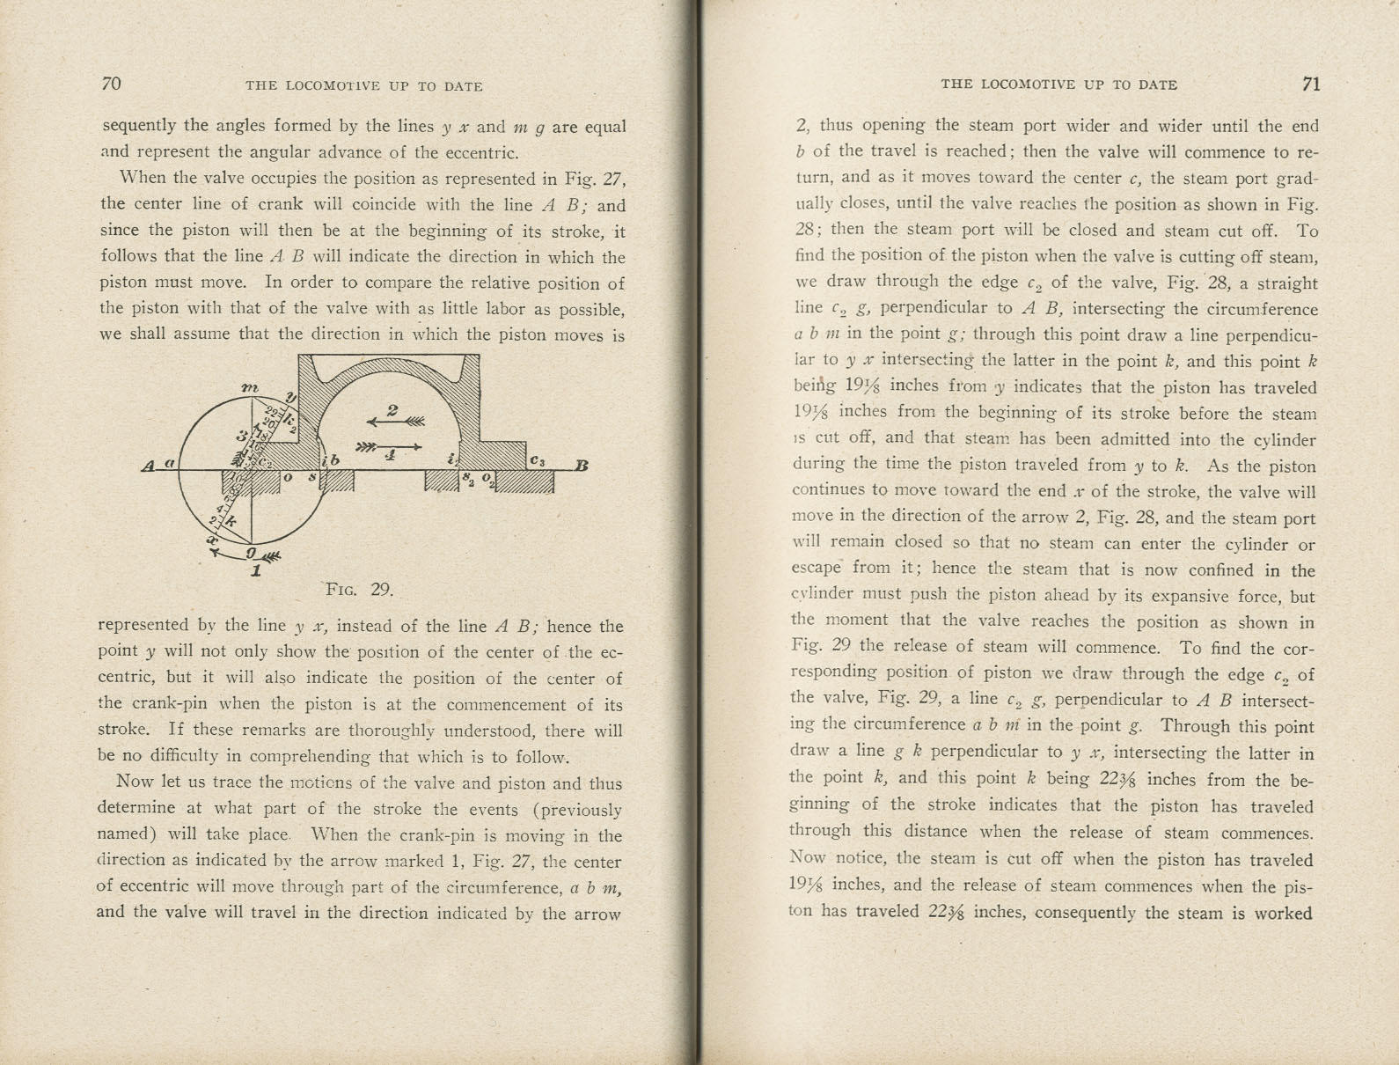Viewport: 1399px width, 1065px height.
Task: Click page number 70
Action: click(x=112, y=84)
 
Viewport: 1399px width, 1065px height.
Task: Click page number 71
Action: click(x=1311, y=84)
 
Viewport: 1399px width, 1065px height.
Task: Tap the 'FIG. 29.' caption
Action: click(x=359, y=589)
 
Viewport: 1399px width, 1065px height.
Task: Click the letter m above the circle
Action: click(x=249, y=387)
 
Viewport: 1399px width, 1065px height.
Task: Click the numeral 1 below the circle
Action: click(x=256, y=570)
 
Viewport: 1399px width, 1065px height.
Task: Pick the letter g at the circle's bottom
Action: click(x=251, y=552)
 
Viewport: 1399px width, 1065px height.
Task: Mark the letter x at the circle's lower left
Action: click(x=212, y=539)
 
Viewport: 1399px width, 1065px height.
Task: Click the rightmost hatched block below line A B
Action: click(x=525, y=482)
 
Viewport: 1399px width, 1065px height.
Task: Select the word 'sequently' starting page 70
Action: click(x=139, y=125)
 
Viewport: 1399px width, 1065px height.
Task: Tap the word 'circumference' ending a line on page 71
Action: click(x=1261, y=309)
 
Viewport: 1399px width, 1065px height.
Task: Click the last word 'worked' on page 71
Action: click(x=1284, y=913)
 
